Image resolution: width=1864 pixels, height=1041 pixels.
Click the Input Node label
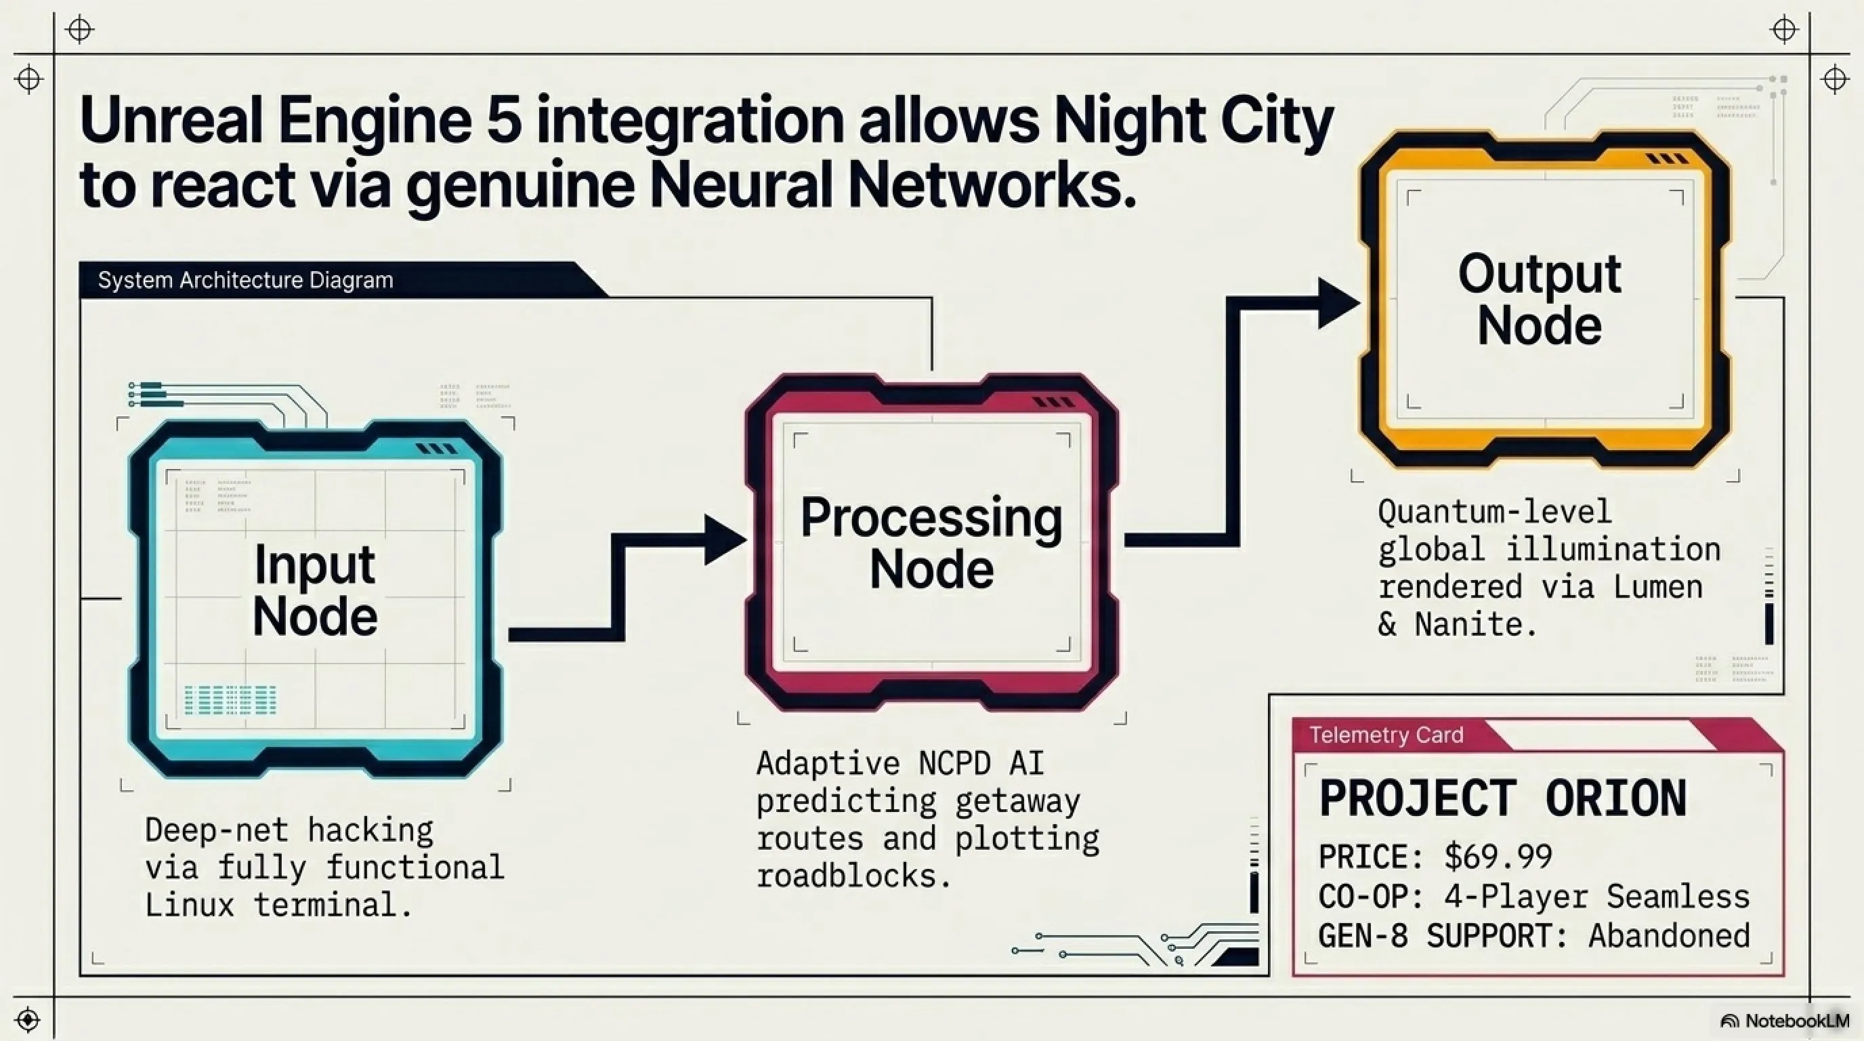315,590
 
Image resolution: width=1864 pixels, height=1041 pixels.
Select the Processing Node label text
931,543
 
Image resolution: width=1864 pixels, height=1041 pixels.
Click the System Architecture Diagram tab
245,280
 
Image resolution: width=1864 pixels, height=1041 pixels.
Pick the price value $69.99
1498,857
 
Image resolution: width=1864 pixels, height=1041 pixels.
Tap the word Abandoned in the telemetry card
1670,936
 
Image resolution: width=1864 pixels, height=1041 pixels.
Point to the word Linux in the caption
190,905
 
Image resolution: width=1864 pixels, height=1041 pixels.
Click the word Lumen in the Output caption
1659,587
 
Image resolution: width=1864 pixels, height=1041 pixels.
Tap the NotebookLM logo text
1798,1021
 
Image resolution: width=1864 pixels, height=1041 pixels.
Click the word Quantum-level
1495,512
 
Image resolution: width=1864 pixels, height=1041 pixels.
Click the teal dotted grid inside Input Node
231,700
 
